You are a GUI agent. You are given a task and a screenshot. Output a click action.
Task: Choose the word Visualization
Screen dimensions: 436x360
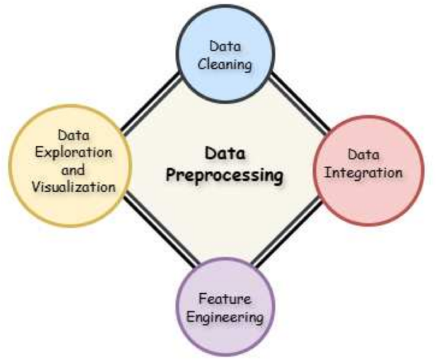[x=76, y=187]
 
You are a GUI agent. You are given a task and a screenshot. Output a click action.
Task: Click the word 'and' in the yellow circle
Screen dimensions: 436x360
[x=76, y=169]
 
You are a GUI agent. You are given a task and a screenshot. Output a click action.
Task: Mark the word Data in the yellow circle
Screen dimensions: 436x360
[x=73, y=136]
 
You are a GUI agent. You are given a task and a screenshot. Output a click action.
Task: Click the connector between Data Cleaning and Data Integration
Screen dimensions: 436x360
[x=299, y=102]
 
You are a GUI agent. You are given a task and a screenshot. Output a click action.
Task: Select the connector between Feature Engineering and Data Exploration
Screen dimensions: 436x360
[x=156, y=233]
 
